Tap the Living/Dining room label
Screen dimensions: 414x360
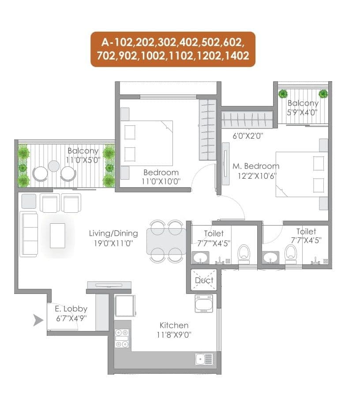pyautogui.click(x=113, y=233)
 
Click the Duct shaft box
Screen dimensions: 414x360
pyautogui.click(x=204, y=280)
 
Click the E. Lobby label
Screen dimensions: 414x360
pyautogui.click(x=71, y=309)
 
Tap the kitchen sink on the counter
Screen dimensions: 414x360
pyautogui.click(x=204, y=359)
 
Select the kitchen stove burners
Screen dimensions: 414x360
pyautogui.click(x=121, y=338)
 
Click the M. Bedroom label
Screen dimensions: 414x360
pyautogui.click(x=256, y=166)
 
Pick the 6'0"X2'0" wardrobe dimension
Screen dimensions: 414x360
pyautogui.click(x=248, y=136)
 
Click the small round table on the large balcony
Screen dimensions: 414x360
pyautogui.click(x=54, y=166)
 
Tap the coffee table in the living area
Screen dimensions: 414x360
pyautogui.click(x=57, y=235)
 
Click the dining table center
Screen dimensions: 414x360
pyautogui.click(x=166, y=241)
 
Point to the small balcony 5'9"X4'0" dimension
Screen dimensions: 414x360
pyautogui.click(x=302, y=112)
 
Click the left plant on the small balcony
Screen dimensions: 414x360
pyautogui.click(x=283, y=94)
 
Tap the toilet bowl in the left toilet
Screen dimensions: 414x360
pyautogui.click(x=244, y=253)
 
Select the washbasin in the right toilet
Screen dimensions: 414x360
pyautogui.click(x=270, y=257)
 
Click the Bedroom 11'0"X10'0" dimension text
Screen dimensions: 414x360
pyautogui.click(x=161, y=181)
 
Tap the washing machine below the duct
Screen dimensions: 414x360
pyautogui.click(x=203, y=304)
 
